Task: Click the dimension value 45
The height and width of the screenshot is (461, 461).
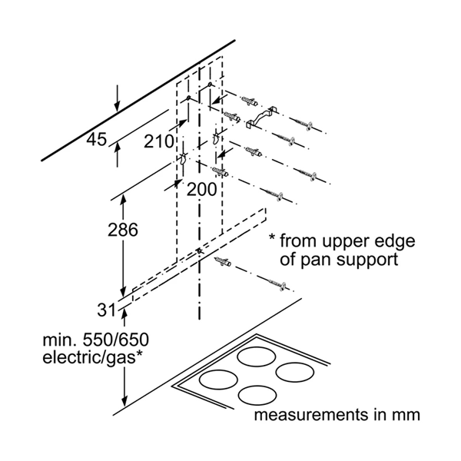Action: (x=96, y=140)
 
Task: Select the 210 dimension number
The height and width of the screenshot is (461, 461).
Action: (x=158, y=141)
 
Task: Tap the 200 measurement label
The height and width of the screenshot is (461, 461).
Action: (x=201, y=189)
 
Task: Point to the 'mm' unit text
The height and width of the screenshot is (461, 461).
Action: (x=407, y=416)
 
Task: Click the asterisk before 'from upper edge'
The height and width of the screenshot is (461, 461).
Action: (x=271, y=239)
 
